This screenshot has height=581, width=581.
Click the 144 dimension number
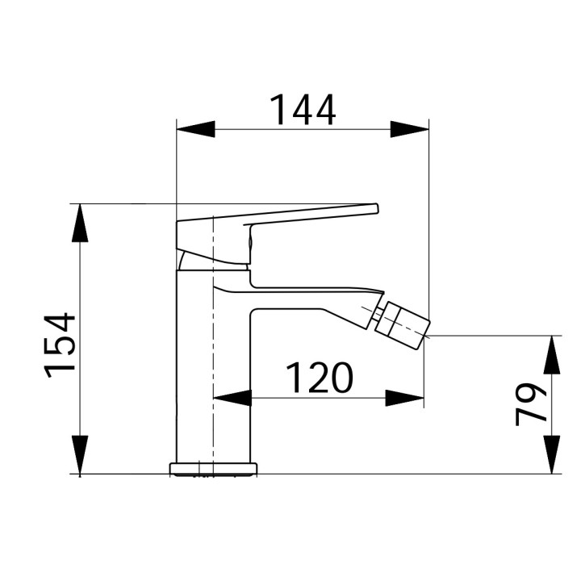click(302, 111)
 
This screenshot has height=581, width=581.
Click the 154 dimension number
click(61, 345)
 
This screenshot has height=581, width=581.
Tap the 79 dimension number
click(531, 404)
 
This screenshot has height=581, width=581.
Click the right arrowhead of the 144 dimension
click(409, 129)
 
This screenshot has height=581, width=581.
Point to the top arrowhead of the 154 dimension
click(80, 223)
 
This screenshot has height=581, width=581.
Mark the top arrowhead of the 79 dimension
click(552, 353)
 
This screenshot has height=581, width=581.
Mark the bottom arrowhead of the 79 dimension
click(552, 455)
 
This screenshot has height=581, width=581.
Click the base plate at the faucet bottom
click(214, 468)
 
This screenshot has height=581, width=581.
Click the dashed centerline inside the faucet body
click(212, 363)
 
